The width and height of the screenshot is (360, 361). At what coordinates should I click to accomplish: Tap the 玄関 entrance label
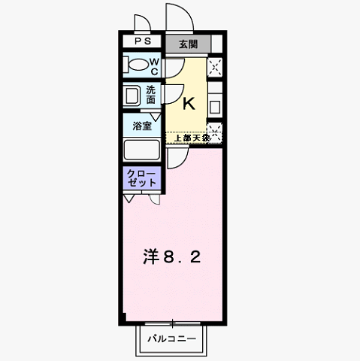click(x=188, y=44)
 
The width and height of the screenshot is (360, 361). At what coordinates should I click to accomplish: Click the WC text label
click(x=153, y=67)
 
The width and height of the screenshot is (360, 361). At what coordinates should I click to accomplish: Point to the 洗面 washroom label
click(x=151, y=95)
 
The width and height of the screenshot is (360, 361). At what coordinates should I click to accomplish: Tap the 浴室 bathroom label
click(x=142, y=125)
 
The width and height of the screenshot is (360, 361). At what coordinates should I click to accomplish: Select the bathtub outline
click(x=141, y=150)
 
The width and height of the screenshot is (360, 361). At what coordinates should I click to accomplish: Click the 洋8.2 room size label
click(x=172, y=258)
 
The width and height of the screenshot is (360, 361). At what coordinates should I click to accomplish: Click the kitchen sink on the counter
click(x=215, y=105)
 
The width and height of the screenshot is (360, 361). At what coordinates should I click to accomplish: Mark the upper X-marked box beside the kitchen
click(x=216, y=68)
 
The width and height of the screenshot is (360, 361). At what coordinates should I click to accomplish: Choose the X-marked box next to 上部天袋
click(x=216, y=132)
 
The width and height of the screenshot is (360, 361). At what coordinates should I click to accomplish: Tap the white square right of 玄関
click(x=216, y=43)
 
